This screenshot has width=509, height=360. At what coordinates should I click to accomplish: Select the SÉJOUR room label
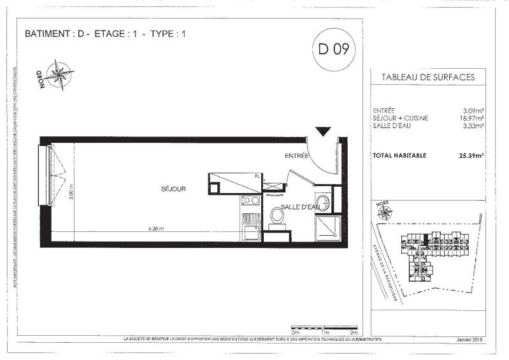173,189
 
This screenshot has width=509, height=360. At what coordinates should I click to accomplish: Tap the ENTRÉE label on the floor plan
296,155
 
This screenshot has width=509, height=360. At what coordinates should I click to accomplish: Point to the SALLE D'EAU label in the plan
300,206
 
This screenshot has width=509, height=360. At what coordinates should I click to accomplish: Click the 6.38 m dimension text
156,229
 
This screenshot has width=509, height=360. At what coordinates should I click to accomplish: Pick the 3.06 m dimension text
71,192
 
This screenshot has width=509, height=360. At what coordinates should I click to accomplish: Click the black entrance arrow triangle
323,132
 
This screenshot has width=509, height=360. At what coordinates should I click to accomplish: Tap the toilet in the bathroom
276,215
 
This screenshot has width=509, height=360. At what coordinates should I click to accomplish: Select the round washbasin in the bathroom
323,203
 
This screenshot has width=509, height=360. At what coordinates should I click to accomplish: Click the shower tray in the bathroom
328,228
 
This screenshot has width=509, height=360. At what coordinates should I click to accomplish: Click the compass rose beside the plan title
59,75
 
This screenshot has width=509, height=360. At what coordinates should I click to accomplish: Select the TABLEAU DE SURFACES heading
427,77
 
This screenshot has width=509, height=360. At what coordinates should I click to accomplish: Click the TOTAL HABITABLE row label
399,155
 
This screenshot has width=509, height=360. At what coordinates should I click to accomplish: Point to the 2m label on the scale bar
354,333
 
